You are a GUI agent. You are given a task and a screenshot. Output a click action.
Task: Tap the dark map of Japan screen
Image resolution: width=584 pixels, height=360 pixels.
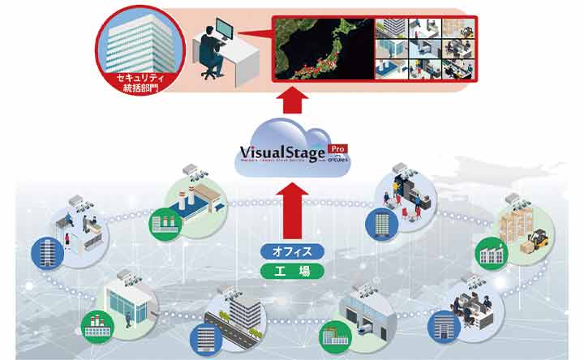[x=323, y=49]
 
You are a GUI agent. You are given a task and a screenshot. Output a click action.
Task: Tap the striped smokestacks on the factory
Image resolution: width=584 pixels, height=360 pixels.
[x=186, y=197]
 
